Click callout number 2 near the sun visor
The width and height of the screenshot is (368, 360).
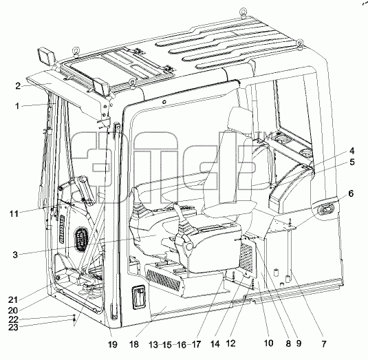(18, 86)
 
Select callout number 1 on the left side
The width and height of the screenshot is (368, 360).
(17, 106)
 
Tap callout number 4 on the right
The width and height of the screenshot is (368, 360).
(351, 151)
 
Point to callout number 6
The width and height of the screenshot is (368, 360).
(351, 193)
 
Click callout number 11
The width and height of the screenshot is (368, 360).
(14, 213)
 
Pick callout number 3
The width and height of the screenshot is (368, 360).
(15, 255)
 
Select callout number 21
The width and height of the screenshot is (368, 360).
(13, 300)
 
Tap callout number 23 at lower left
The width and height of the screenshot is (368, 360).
(13, 327)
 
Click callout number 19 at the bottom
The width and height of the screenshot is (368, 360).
(112, 344)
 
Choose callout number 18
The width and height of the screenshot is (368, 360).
(134, 344)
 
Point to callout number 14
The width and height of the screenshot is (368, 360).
(215, 344)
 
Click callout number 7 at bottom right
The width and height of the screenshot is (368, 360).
(324, 344)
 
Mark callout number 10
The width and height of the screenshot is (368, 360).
(269, 343)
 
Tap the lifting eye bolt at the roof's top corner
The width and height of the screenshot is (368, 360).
(243, 12)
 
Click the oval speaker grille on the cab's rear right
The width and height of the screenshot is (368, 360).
(325, 209)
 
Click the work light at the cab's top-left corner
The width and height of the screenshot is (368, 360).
(46, 56)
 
